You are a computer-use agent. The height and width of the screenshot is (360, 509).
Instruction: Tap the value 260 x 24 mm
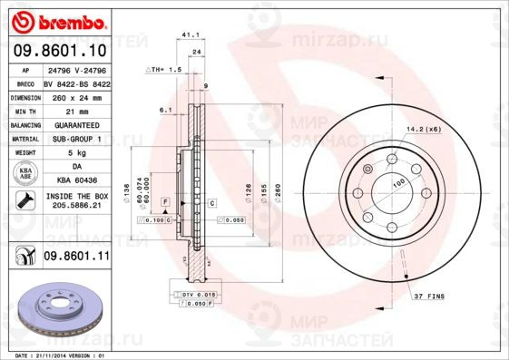point(77,96)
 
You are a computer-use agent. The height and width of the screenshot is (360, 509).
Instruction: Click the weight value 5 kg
point(77,153)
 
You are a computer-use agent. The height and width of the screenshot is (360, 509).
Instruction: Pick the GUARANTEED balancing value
point(77,124)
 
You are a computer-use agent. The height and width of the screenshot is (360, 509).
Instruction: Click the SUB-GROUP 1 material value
point(77,139)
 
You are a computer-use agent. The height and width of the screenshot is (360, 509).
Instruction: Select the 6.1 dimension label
point(165,109)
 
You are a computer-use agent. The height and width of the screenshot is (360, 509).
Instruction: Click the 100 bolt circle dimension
point(397,183)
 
